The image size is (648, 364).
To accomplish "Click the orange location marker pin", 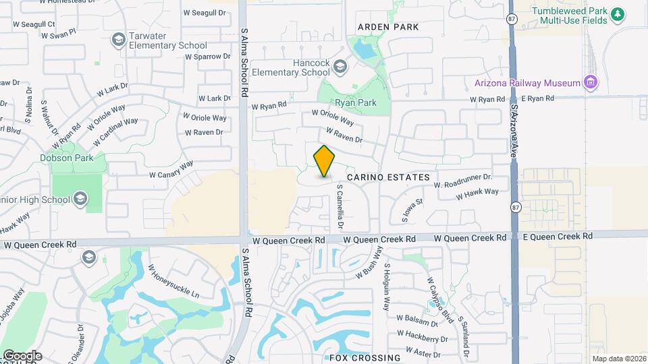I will [325, 161].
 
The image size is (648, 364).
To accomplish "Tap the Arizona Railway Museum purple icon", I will [591, 83].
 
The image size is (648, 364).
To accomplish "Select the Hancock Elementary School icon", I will [340, 67].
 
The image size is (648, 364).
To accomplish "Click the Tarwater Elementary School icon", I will [119, 40].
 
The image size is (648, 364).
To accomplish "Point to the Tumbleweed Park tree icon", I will [616, 15].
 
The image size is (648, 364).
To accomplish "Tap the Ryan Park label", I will [357, 103].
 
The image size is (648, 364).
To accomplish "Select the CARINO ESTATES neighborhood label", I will [388, 177].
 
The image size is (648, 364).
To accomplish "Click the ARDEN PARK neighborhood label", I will [387, 27].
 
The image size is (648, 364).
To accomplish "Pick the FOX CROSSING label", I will [364, 357].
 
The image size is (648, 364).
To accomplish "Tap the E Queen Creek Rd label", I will [558, 237].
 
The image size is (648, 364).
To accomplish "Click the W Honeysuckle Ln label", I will [174, 285].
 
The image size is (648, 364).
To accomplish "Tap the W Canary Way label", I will [171, 169].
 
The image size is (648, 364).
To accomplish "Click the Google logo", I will [22, 356].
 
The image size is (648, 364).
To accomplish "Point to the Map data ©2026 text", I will [618, 359].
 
